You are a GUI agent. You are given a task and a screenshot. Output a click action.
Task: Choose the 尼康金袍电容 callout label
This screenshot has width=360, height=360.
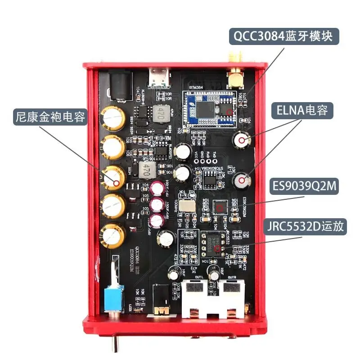(49, 118)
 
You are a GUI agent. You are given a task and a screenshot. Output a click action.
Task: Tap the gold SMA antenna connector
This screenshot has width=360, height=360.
(234, 76)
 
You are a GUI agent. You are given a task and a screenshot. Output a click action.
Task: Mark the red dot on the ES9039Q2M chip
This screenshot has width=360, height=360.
(220, 208)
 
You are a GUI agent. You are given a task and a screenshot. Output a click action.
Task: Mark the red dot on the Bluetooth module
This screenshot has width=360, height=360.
(230, 111)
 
